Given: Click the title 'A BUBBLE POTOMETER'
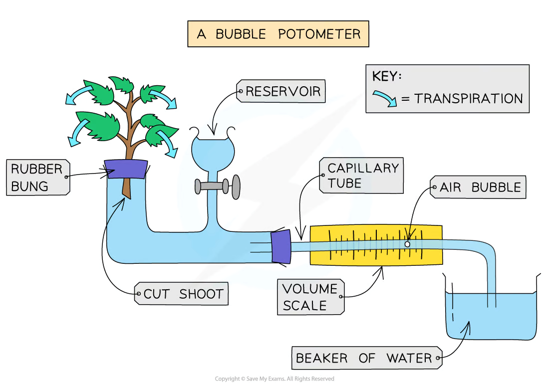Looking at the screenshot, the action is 278,34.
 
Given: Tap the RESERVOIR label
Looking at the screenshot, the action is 281,91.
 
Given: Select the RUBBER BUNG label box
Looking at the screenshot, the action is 38,178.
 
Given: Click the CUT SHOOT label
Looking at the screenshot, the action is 181,294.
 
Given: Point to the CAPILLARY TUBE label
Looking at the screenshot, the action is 361,175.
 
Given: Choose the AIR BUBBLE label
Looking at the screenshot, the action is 478,187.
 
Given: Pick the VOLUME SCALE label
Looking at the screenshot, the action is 311,297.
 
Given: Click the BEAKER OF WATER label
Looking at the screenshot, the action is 367,358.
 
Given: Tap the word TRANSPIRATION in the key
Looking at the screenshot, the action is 469,99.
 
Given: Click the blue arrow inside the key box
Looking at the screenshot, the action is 385,98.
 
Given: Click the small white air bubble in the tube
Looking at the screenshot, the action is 407,244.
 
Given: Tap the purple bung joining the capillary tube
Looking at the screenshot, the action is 281,246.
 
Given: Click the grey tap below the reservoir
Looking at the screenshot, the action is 218,187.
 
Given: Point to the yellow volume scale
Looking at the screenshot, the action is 376,245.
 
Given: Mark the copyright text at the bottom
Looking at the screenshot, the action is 274,379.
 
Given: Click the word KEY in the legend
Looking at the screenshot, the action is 386,76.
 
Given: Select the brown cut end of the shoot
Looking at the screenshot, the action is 126,189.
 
